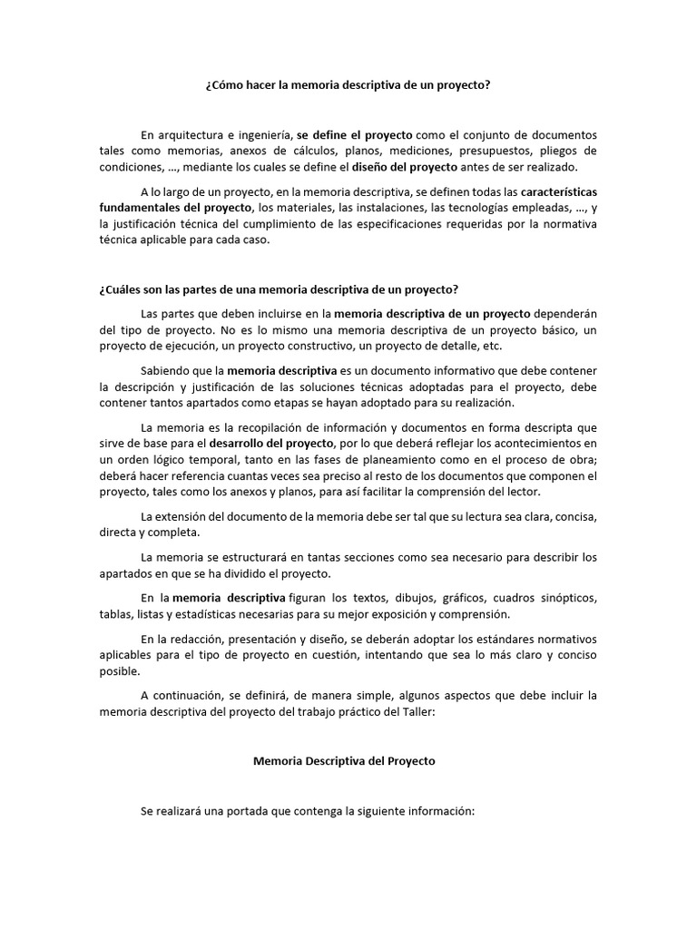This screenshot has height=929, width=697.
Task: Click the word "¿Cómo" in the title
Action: [x=222, y=85]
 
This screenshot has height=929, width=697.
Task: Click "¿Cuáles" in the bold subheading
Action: [x=120, y=289]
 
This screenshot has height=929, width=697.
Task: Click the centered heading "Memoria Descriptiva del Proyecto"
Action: [x=344, y=761]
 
